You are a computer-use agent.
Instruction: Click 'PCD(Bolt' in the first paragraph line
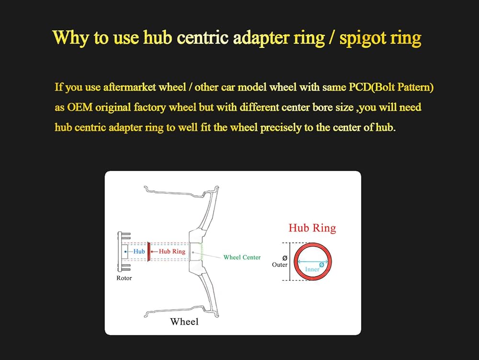coord(372,87)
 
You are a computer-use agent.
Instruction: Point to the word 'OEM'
coord(80,107)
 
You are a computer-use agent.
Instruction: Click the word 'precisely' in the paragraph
coord(280,128)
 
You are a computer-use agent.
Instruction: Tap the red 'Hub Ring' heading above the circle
coord(312,228)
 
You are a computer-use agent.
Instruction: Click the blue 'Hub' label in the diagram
coord(139,251)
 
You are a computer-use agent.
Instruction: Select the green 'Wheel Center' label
coord(242,257)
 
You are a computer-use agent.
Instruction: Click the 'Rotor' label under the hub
coord(124,278)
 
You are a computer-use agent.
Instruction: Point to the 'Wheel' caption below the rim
coord(184,322)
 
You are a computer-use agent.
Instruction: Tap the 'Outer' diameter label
coord(280,265)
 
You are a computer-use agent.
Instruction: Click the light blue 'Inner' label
coord(312,269)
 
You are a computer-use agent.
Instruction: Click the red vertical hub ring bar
coord(149,252)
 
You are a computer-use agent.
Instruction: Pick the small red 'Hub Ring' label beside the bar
coord(172,251)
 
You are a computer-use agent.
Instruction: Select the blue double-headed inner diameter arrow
coord(312,262)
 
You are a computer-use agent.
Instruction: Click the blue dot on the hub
coord(125,252)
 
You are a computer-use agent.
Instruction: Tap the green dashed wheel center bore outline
coord(201,252)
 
